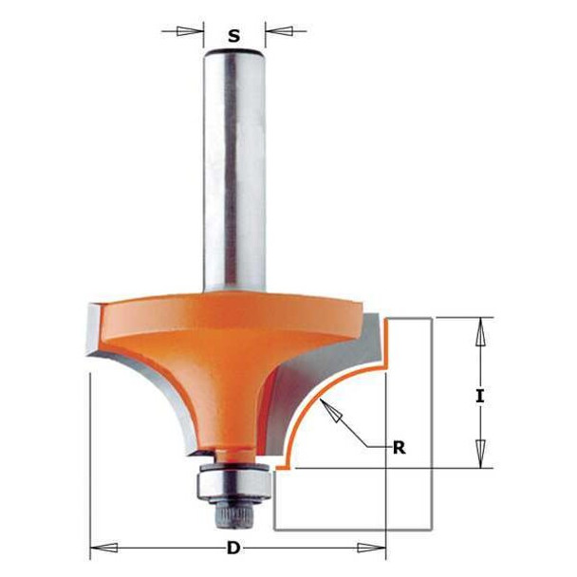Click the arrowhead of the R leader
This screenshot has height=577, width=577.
[x=331, y=408]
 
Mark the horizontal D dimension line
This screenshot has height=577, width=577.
[x=171, y=548]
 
